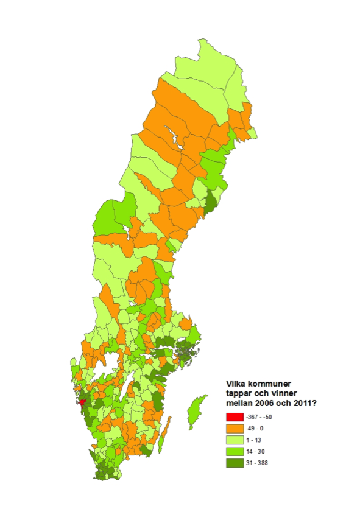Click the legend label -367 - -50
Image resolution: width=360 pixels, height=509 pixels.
point(259,418)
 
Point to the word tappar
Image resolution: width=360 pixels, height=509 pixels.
point(239,393)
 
